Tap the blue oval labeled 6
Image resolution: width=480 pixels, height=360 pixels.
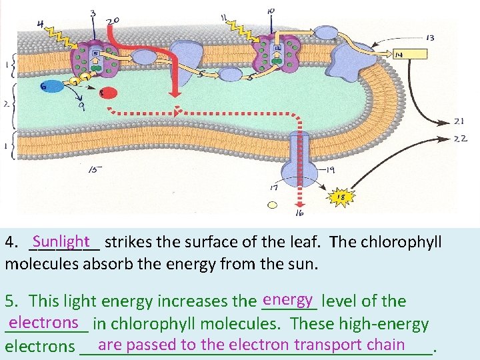point(51,87)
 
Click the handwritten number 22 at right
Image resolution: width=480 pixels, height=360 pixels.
point(460,138)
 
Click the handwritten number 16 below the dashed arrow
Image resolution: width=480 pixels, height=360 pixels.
point(299,213)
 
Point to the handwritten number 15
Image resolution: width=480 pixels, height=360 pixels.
point(95,169)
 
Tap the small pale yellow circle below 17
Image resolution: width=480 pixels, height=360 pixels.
point(271,205)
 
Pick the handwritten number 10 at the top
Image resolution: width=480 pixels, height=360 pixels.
point(270,11)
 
